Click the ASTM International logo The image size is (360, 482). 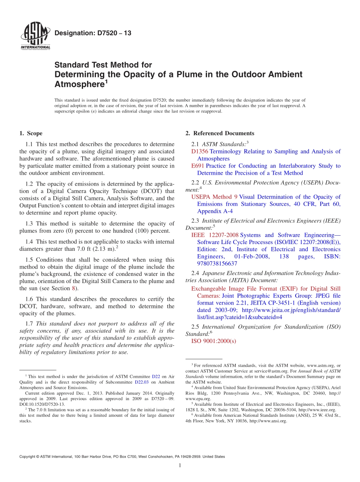click(35, 36)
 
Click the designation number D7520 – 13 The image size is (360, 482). click(93, 33)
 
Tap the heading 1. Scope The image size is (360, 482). click(31, 133)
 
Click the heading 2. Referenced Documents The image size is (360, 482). click(220, 133)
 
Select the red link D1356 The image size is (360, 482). click(200, 152)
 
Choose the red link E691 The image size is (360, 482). click(198, 166)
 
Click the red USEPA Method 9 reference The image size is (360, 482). click(214, 197)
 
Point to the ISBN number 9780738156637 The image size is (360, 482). click(217, 264)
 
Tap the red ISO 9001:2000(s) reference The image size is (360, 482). click(213, 341)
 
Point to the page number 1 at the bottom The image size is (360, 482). click(180, 465)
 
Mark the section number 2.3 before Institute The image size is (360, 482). click(195, 221)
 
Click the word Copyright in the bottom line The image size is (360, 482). click(28, 457)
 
